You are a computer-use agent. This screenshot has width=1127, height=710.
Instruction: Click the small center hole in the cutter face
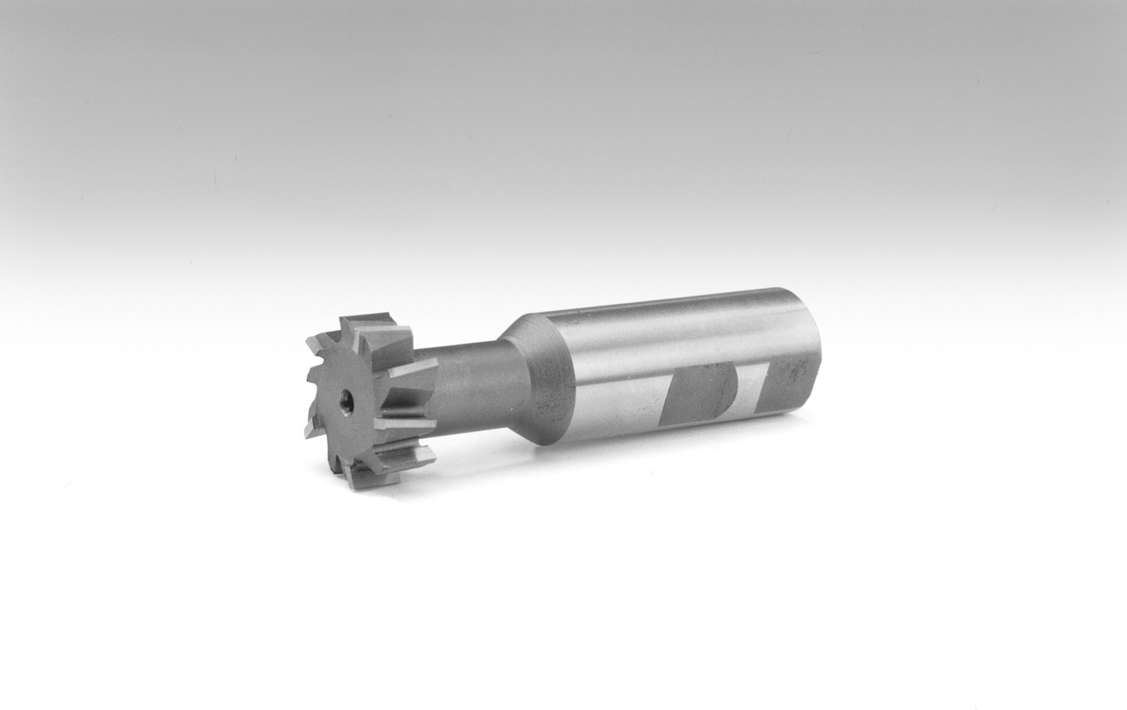348,401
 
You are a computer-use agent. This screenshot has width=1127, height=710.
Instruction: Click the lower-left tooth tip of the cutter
311,430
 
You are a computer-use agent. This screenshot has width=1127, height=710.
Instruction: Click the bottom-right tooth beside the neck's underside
414,454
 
